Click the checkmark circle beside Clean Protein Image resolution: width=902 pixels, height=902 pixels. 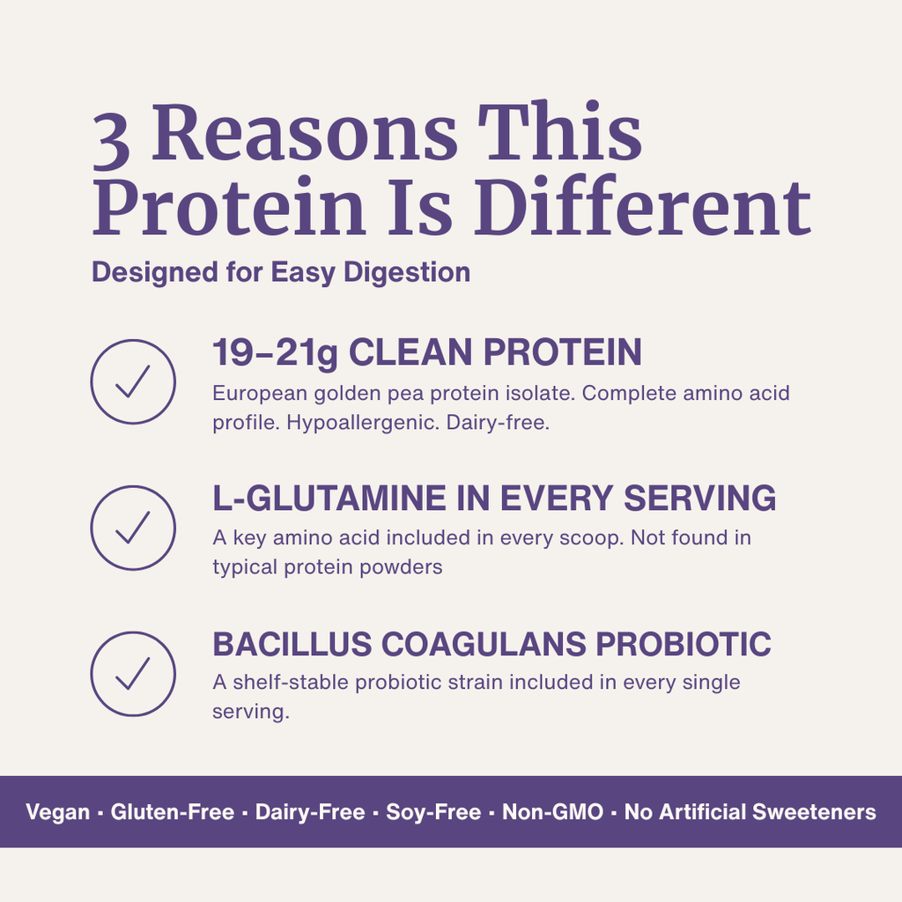(133, 381)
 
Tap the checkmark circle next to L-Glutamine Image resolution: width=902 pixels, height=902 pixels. (133, 528)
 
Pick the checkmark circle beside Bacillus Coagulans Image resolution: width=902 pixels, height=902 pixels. (133, 674)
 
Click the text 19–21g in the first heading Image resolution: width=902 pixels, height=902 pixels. (274, 353)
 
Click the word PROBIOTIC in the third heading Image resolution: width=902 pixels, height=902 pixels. (684, 645)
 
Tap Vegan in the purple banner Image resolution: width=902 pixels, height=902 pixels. (58, 812)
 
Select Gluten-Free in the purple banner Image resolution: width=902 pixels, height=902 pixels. (173, 812)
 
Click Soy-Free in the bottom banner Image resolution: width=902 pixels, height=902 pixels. (433, 812)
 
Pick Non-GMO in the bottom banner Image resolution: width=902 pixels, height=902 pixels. (552, 812)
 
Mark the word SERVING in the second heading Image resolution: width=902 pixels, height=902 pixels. (700, 499)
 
